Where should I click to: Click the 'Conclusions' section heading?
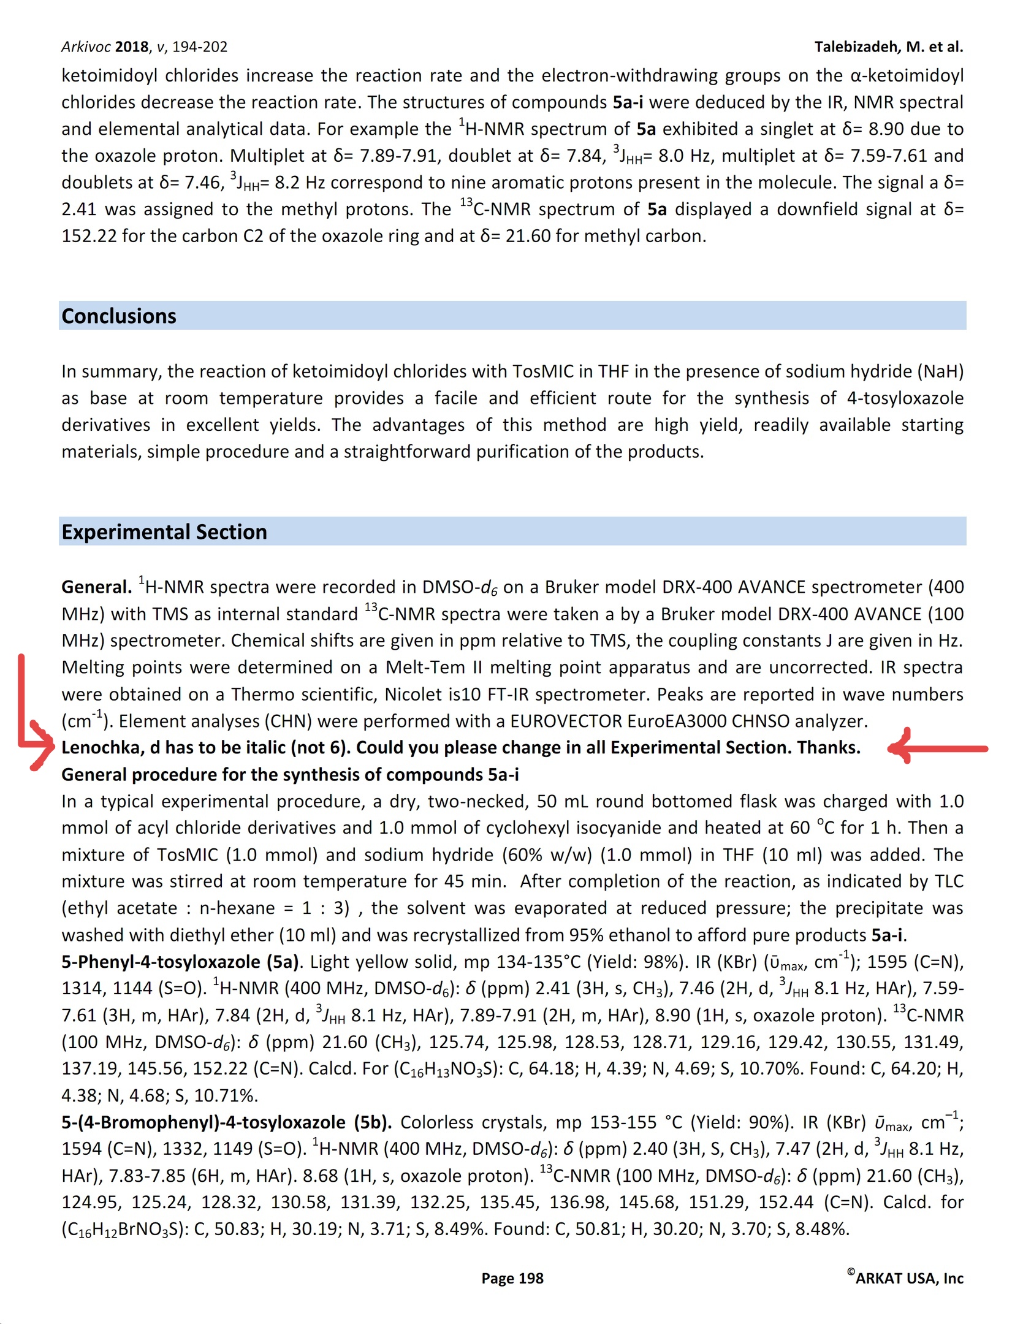point(119,316)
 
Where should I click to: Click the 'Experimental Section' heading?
point(164,532)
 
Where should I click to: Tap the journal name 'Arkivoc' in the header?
point(86,47)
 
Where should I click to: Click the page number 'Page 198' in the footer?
point(512,1278)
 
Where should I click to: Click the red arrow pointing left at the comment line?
point(938,747)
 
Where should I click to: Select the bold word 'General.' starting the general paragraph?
point(96,587)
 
